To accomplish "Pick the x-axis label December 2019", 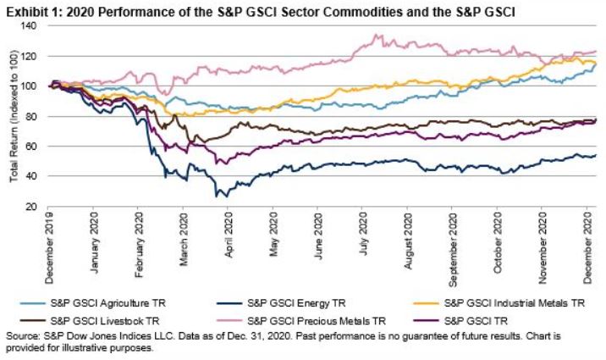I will [48, 241].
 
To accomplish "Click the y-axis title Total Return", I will [14, 116].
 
